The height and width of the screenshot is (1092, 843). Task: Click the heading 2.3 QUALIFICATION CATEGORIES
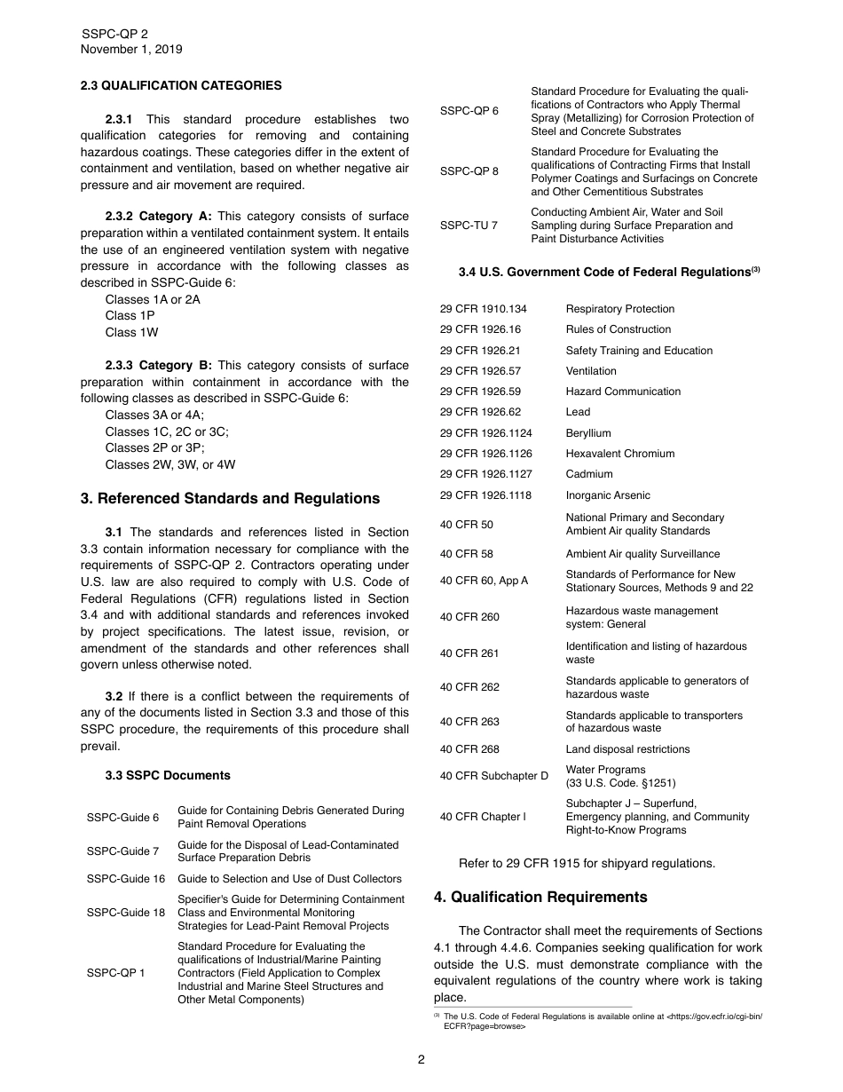coord(181,86)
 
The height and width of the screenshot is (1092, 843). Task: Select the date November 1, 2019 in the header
coord(131,50)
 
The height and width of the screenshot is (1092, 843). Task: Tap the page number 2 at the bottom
coord(421,1059)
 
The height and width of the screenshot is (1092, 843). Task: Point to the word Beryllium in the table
coord(588,433)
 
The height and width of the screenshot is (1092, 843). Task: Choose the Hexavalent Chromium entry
coord(619,454)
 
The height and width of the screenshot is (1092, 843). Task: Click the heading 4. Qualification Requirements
coord(540,897)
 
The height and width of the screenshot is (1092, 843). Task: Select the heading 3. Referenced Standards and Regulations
coord(230,499)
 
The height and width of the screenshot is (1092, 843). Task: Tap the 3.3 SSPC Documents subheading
coord(168,775)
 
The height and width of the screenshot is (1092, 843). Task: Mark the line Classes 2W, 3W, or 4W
coord(170,464)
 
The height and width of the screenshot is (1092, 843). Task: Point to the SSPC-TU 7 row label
coord(469,226)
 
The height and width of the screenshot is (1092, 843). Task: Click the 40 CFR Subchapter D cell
coord(494,776)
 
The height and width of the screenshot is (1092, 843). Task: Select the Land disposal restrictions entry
coord(627,749)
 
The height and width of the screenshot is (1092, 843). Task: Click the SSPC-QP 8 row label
coord(469,171)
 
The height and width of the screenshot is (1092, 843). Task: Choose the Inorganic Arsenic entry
coord(608,495)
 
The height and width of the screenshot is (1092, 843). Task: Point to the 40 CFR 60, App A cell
coord(484,581)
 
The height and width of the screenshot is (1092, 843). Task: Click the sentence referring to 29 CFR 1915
coord(587,863)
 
